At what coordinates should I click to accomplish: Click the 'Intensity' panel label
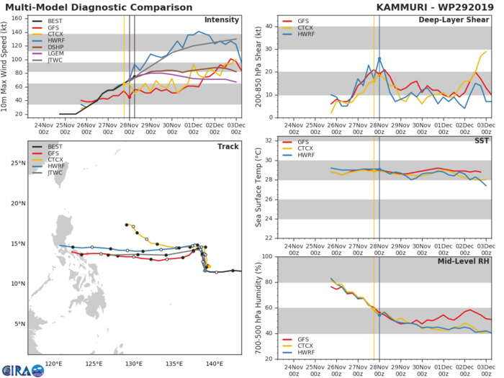222,19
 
